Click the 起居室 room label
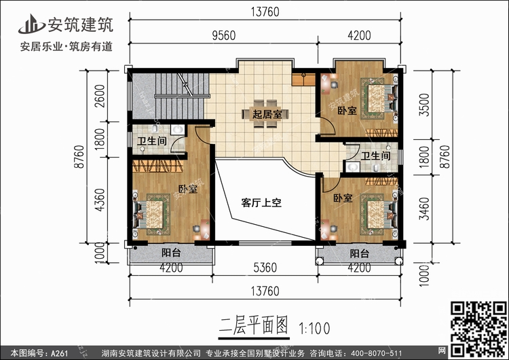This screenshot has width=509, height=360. (x=267, y=114)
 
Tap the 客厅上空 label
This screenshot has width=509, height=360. (x=261, y=202)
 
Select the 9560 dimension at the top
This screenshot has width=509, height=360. (x=224, y=35)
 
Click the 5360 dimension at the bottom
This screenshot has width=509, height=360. (x=265, y=268)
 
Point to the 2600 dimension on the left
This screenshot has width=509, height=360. (x=100, y=96)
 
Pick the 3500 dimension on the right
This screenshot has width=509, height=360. (x=424, y=105)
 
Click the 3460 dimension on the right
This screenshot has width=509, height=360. (x=424, y=209)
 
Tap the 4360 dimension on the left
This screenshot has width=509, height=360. (x=100, y=200)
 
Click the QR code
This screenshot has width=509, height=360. (x=478, y=329)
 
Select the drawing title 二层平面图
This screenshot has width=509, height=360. (x=254, y=326)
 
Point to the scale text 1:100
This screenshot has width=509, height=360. (x=314, y=329)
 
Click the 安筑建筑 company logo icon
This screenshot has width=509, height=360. (x=31, y=24)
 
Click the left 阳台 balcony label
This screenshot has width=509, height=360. (x=171, y=253)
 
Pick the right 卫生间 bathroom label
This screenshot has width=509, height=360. (x=375, y=156)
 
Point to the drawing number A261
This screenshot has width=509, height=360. (x=59, y=353)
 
